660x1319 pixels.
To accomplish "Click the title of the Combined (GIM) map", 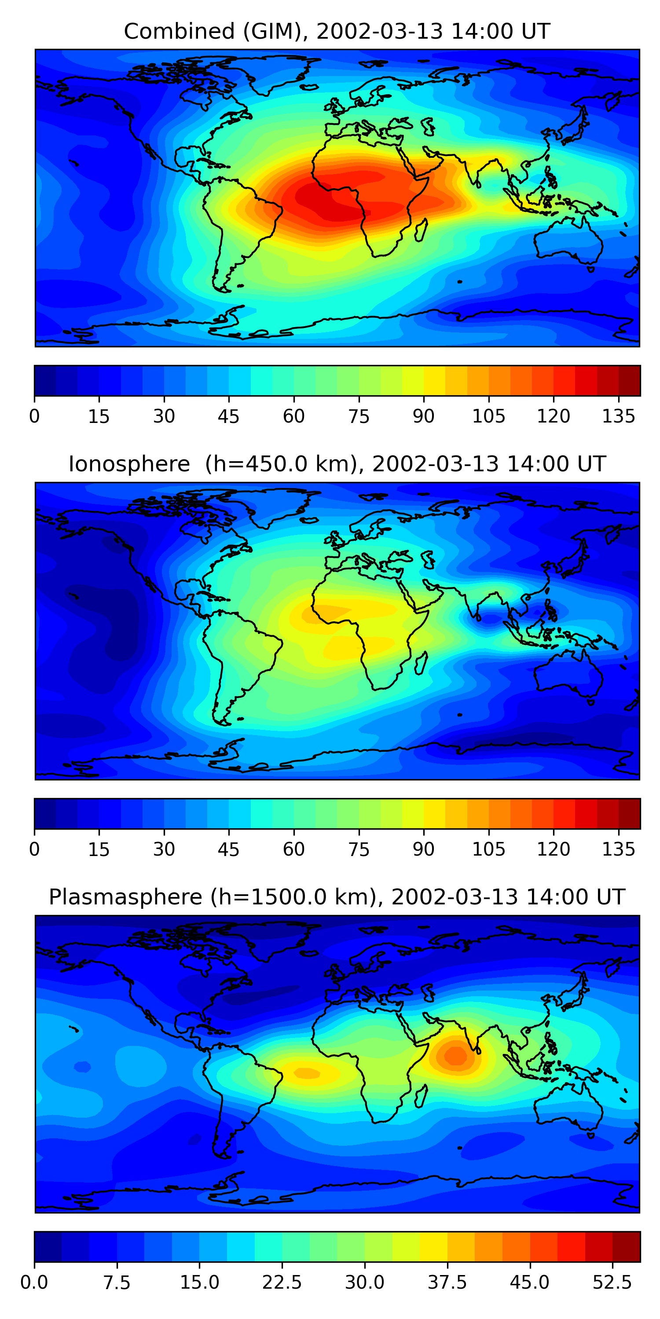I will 337,31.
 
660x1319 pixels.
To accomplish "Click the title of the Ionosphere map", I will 337,464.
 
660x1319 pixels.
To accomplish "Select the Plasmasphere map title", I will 337,897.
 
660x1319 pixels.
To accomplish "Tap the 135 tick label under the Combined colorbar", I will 619,416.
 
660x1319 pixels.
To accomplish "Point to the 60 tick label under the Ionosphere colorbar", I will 293,849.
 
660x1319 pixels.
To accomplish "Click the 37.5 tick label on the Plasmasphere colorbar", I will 447,1282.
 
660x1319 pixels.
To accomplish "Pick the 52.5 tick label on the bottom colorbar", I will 612,1282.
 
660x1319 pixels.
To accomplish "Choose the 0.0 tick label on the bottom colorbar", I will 34,1282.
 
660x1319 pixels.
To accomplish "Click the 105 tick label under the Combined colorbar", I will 488,416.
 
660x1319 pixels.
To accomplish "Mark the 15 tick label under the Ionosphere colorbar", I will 99,849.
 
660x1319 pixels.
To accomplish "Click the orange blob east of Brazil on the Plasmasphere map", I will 306,1073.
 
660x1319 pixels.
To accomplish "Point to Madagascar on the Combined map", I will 421,231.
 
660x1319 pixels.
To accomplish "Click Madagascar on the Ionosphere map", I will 421,663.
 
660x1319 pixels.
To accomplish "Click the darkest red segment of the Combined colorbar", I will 629,380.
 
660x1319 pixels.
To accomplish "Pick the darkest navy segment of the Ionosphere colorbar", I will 45,813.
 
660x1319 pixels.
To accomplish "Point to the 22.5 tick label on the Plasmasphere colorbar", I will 282,1282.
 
